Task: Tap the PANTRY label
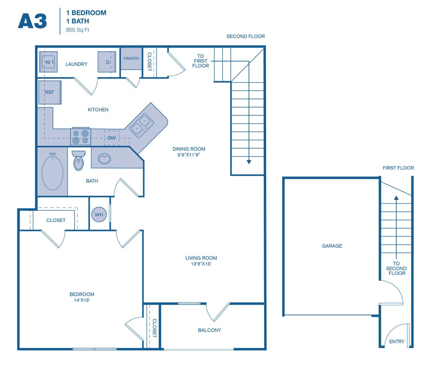pos(131,59)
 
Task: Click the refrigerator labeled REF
pos(50,92)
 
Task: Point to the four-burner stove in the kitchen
pos(80,137)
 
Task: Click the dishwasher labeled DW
pos(111,137)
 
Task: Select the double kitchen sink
pos(141,124)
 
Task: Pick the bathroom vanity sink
pos(105,159)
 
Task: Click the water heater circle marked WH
pos(99,214)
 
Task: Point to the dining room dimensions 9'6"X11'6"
pos(188,155)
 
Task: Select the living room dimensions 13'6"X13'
pos(201,264)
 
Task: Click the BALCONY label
pos(209,330)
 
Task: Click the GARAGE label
pos(332,246)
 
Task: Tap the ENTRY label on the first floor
pos(396,342)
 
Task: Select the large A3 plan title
pos(32,20)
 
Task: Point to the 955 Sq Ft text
pos(78,30)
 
